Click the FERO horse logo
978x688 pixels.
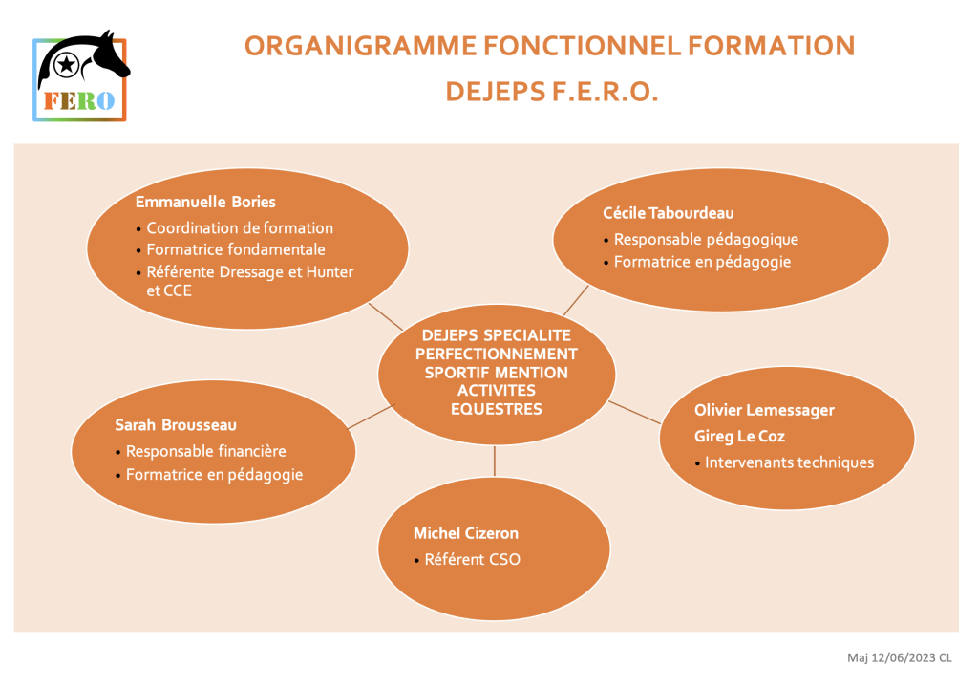pyautogui.click(x=80, y=75)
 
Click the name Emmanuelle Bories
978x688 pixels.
pyautogui.click(x=205, y=202)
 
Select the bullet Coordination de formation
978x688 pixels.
pyautogui.click(x=240, y=227)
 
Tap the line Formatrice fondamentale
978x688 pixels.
pyautogui.click(x=236, y=249)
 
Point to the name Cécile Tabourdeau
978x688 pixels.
pyautogui.click(x=668, y=213)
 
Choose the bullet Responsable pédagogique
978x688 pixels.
pyautogui.click(x=706, y=240)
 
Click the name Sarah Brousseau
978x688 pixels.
pyautogui.click(x=176, y=425)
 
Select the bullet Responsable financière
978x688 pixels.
pyautogui.click(x=206, y=451)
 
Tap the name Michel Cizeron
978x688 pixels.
pyautogui.click(x=466, y=533)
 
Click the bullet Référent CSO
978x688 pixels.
pyautogui.click(x=472, y=559)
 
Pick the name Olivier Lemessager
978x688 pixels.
pyautogui.click(x=764, y=410)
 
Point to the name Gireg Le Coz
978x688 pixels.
pyautogui.click(x=739, y=437)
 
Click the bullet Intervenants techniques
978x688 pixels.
pyautogui.click(x=789, y=462)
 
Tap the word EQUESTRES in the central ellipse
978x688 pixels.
pyautogui.click(x=497, y=409)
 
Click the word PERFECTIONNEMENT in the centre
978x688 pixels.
pyautogui.click(x=497, y=354)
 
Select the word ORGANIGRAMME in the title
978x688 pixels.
pyautogui.click(x=360, y=46)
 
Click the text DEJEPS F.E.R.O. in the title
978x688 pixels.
pyautogui.click(x=552, y=92)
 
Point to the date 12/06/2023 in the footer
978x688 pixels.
pyautogui.click(x=904, y=657)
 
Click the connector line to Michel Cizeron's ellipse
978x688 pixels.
pyautogui.click(x=495, y=461)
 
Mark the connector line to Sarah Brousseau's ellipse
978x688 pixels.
pyautogui.click(x=372, y=417)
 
